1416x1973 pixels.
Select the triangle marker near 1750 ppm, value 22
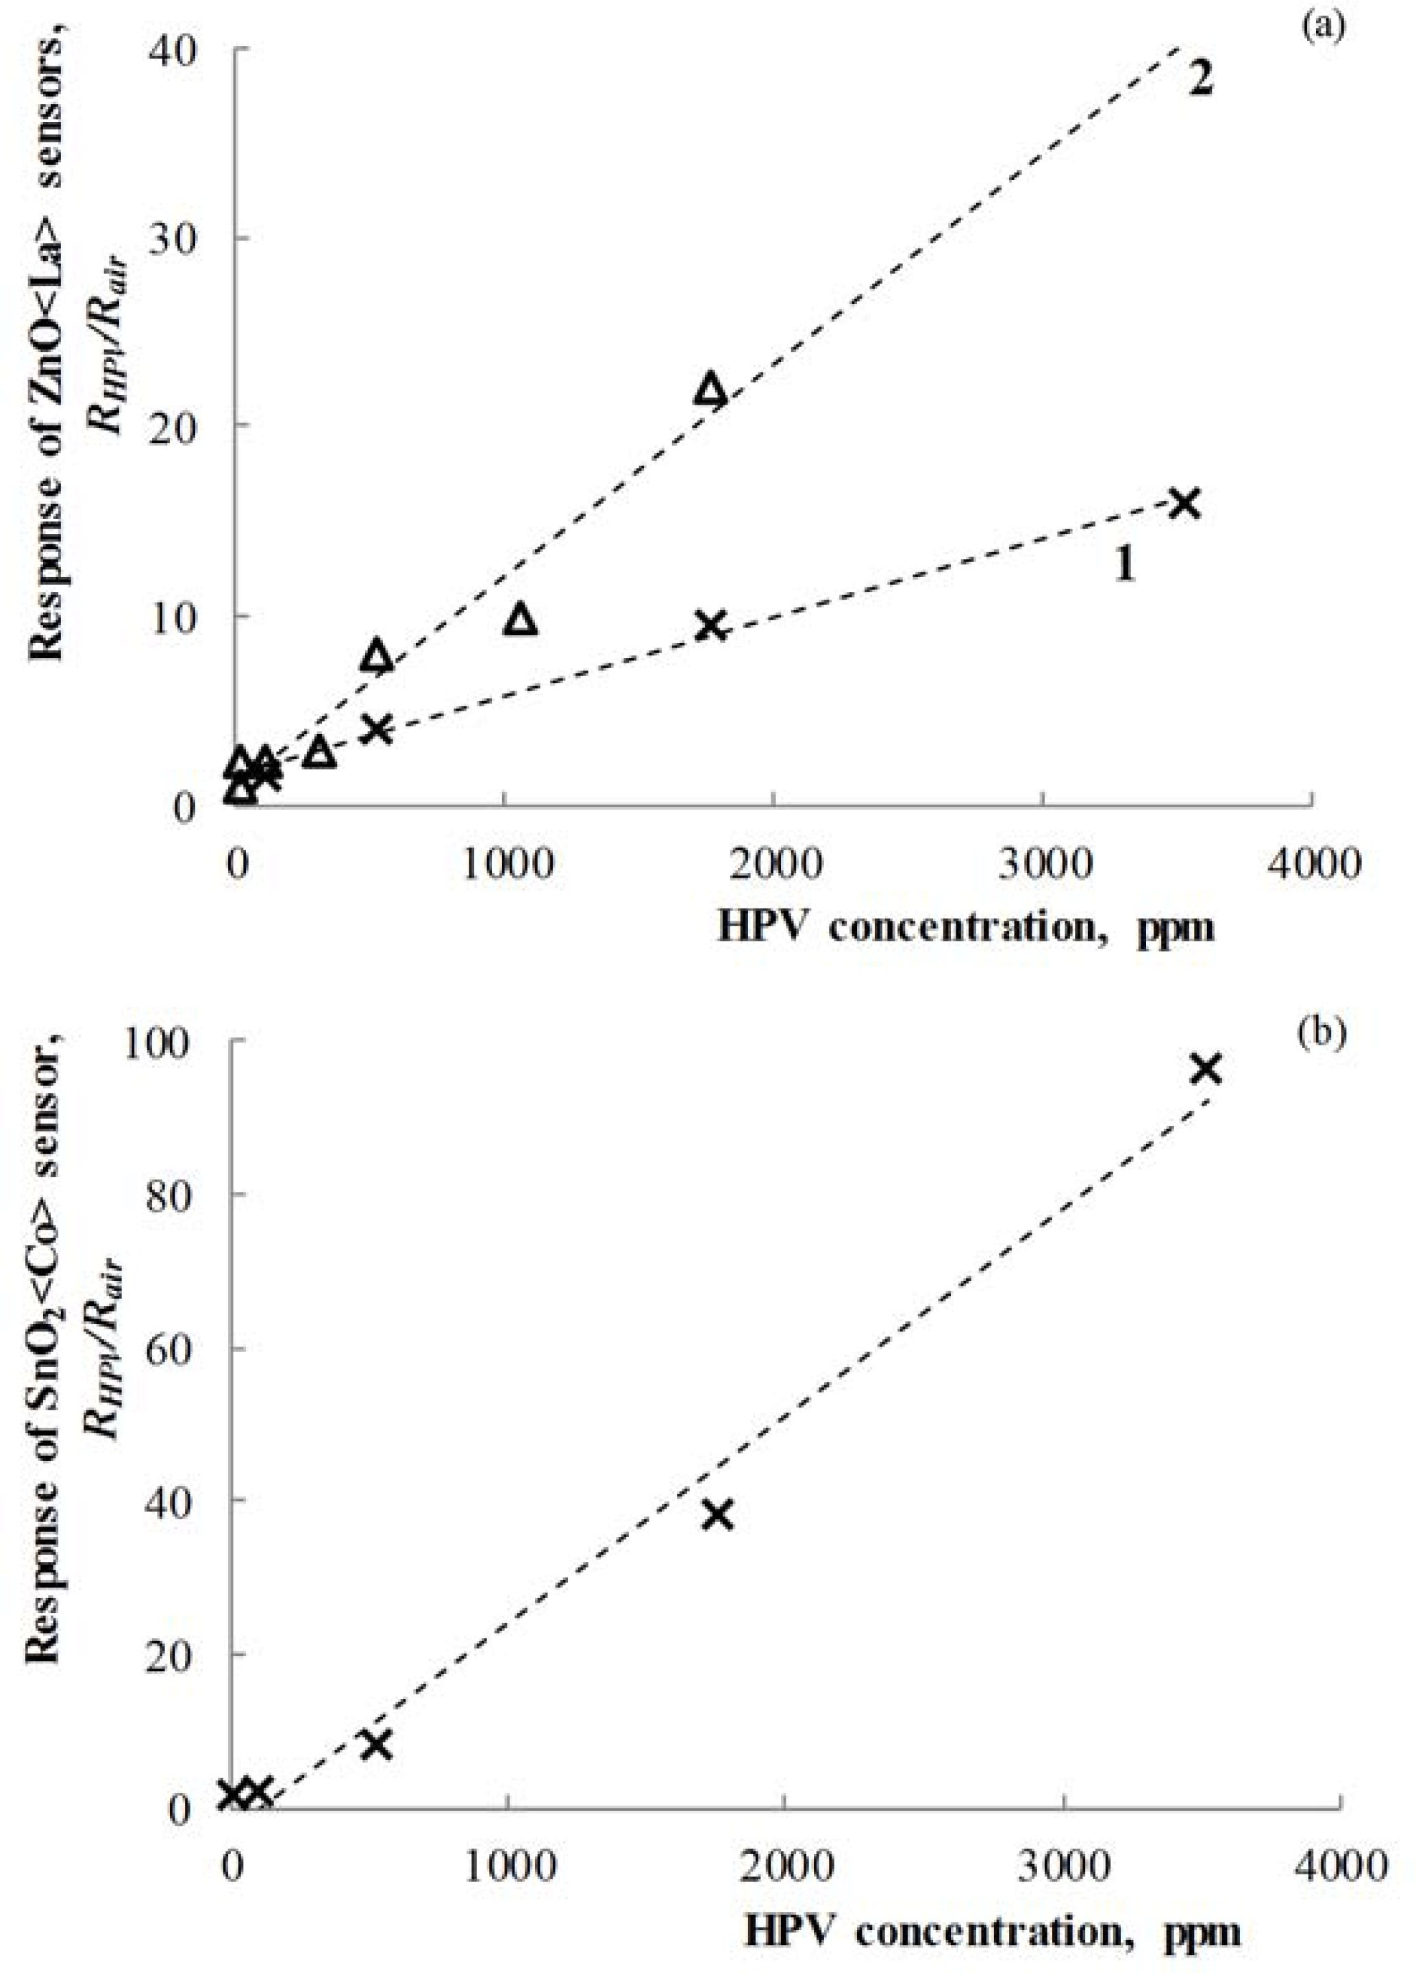click(x=711, y=389)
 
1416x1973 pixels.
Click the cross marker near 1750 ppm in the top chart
click(x=712, y=624)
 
